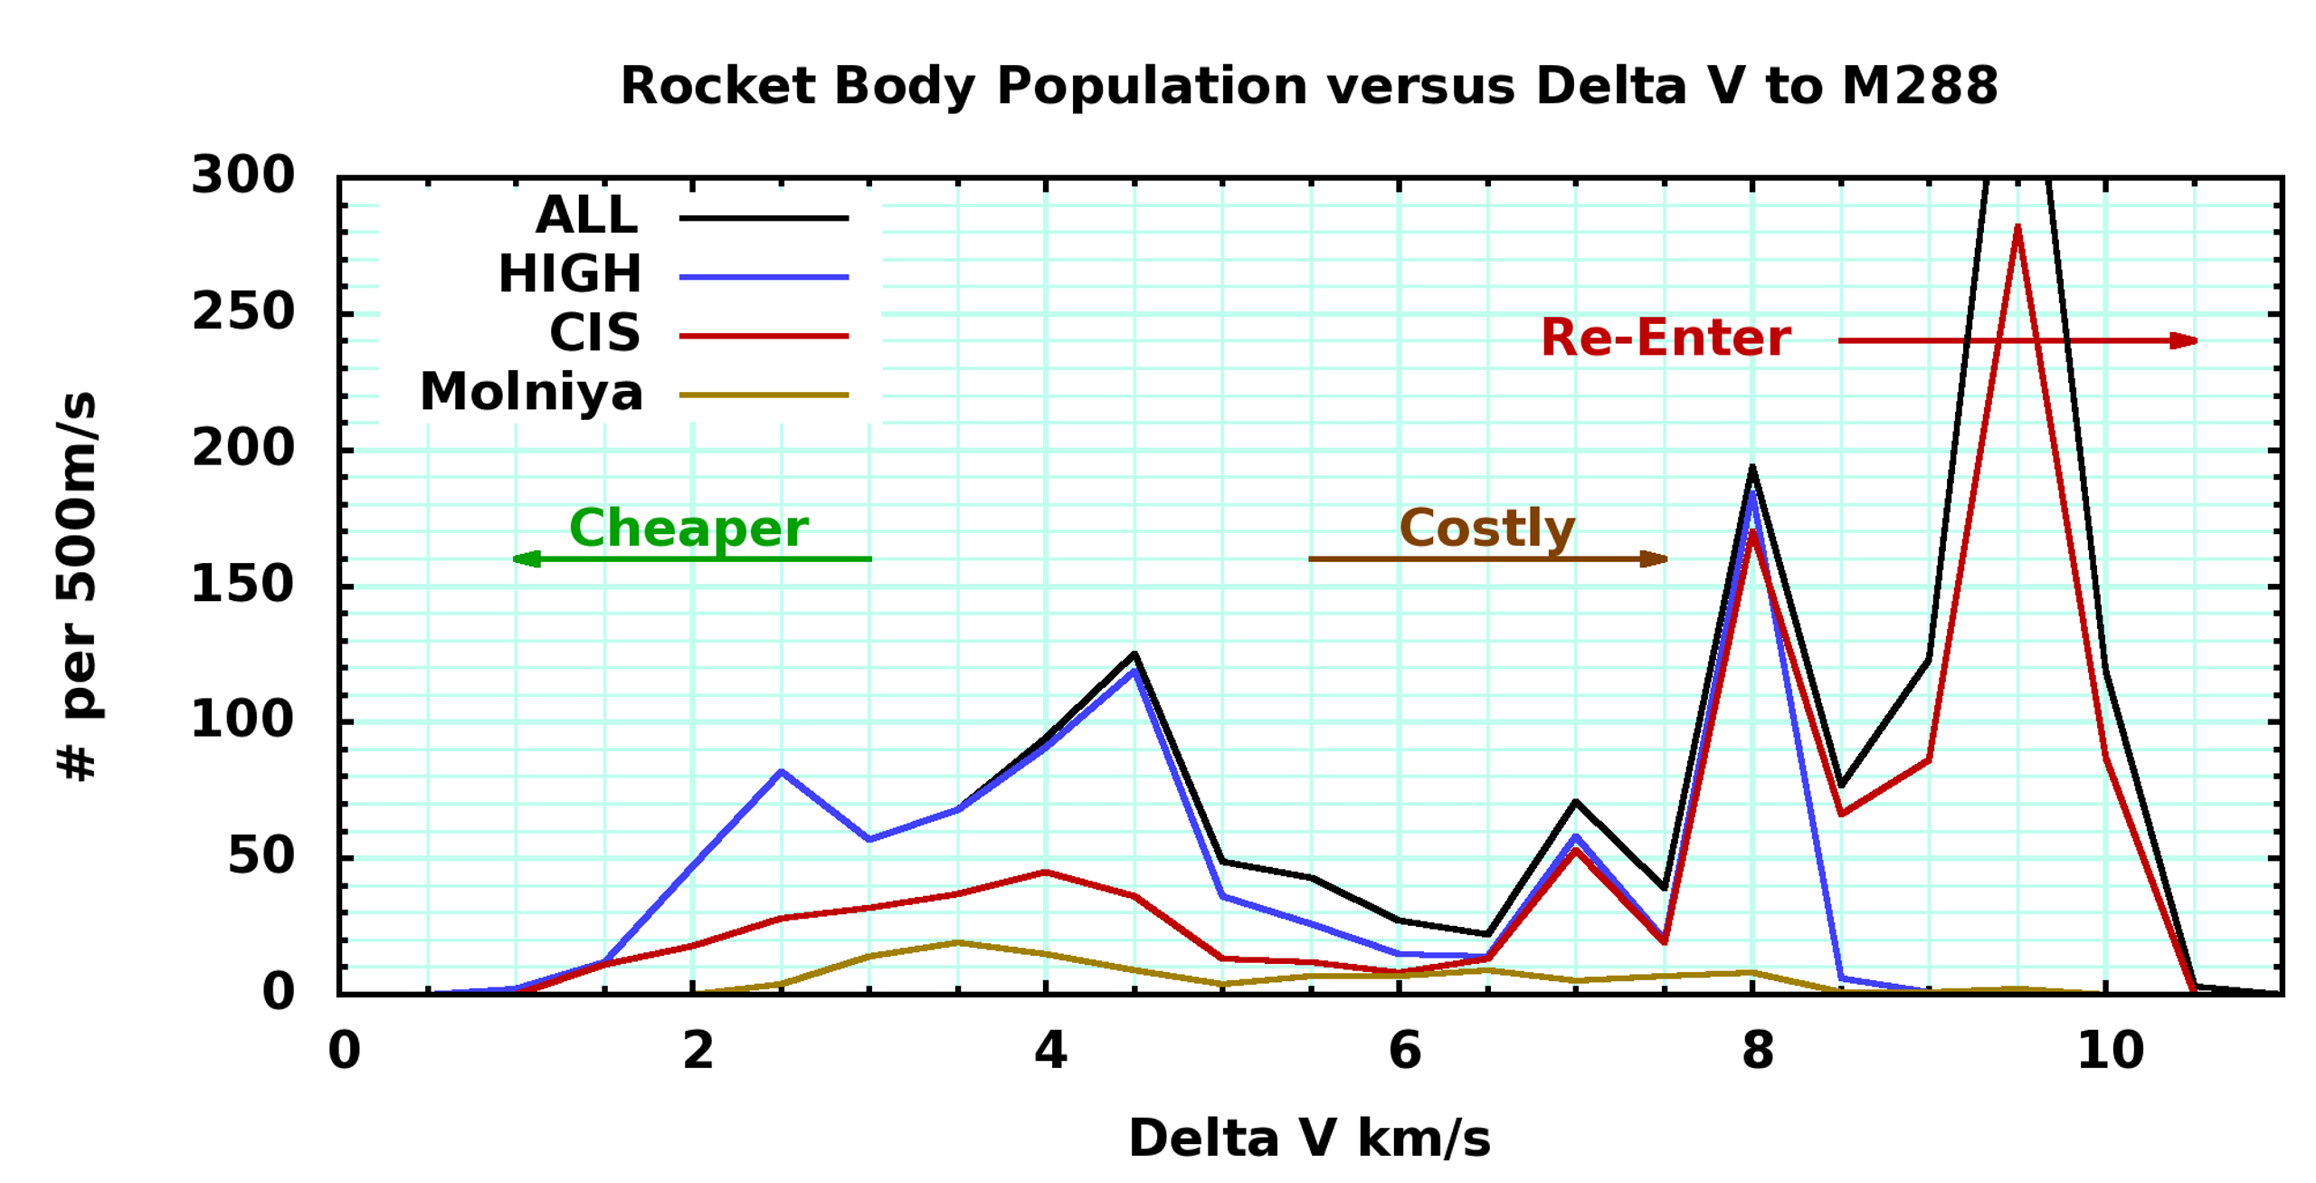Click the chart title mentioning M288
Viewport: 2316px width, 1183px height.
(1307, 87)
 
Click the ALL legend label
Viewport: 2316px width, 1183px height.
(586, 216)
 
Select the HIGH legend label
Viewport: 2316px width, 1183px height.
(569, 274)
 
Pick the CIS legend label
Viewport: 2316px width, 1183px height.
(594, 334)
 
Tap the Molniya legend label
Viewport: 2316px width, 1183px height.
(531, 393)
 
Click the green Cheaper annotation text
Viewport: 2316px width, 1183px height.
(688, 529)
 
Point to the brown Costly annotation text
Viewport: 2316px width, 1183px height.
(1486, 529)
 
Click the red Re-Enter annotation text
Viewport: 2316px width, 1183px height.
(1665, 339)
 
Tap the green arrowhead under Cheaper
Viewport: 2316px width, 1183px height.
(527, 558)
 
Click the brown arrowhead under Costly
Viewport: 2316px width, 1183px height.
(1653, 558)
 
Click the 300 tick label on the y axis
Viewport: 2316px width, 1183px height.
(242, 175)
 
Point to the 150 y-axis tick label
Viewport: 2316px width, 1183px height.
(242, 585)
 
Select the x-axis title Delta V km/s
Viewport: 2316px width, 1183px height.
(1308, 1139)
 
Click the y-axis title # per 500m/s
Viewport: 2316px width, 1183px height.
(76, 586)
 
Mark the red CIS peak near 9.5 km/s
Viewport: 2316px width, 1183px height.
(2017, 227)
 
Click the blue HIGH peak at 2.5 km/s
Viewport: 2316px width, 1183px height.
(781, 771)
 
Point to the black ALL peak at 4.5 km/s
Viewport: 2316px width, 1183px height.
(1134, 654)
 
